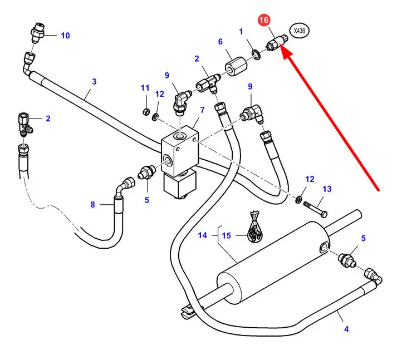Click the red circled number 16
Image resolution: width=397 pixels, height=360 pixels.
[263, 20]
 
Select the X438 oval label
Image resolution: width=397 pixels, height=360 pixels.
[299, 32]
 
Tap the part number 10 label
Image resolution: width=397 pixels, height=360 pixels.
[66, 36]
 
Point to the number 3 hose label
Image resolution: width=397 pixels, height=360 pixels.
[94, 81]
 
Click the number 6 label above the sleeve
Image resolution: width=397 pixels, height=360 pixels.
[220, 42]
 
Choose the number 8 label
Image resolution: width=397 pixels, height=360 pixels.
[93, 205]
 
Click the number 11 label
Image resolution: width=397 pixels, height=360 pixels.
[145, 88]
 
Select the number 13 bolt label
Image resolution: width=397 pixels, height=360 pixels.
[327, 189]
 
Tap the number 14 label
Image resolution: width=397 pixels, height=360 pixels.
[203, 235]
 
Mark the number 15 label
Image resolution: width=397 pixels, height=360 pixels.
[226, 235]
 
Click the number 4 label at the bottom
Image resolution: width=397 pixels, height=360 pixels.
[346, 329]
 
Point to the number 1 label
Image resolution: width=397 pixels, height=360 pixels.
[241, 32]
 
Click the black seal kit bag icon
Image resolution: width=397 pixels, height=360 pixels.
[254, 226]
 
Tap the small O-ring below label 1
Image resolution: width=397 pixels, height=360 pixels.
[255, 54]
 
